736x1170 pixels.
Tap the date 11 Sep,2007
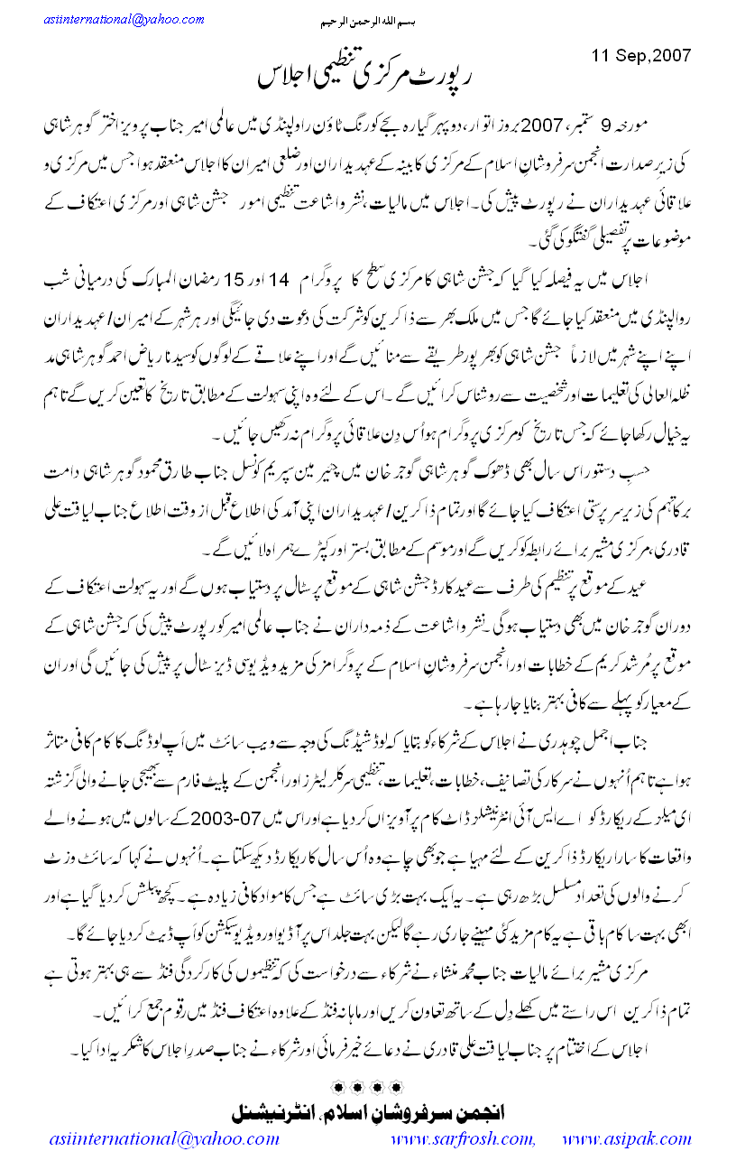pyautogui.click(x=641, y=54)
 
